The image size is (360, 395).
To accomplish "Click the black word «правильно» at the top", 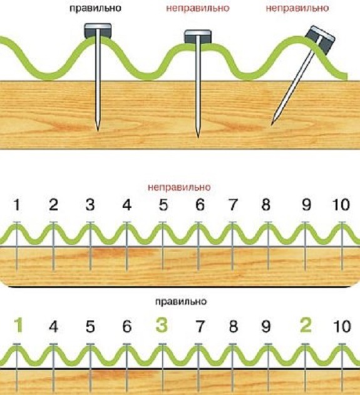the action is click(95, 8).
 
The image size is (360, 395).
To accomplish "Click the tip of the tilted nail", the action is click(272, 124).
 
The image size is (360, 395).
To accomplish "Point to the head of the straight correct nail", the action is click(98, 31).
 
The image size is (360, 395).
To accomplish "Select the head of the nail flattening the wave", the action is click(198, 37).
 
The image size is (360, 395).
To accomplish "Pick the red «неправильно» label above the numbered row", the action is click(179, 187).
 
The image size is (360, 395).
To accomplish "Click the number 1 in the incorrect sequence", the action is click(17, 205).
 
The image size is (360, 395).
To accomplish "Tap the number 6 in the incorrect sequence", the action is click(200, 205).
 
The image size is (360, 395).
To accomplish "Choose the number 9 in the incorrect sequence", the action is click(306, 205).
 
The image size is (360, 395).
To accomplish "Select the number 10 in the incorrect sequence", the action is click(341, 205).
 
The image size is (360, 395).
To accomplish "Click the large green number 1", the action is click(18, 326).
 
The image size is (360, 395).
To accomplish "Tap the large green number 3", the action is click(162, 326).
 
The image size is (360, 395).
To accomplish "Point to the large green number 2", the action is click(306, 326).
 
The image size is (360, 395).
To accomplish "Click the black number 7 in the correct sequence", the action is click(200, 327).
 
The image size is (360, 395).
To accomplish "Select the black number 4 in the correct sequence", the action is click(53, 327).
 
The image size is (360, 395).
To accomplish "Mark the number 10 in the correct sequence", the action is click(342, 327).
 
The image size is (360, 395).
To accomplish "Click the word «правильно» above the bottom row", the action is click(181, 302).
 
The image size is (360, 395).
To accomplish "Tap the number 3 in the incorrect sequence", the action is click(90, 205).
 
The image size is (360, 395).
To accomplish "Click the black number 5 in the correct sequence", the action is click(90, 327).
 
